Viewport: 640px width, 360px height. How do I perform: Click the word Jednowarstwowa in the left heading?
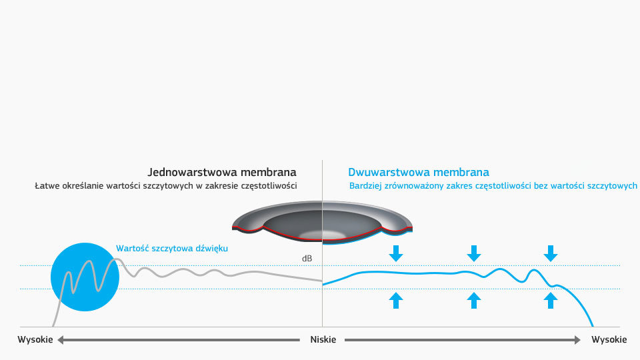click(189, 172)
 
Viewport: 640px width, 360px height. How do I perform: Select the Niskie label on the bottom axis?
click(323, 340)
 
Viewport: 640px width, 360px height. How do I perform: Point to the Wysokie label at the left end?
click(35, 340)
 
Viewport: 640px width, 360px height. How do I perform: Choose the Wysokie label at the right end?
click(609, 340)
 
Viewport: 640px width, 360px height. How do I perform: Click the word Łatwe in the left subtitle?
click(48, 186)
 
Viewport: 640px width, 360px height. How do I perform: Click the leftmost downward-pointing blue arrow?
click(396, 253)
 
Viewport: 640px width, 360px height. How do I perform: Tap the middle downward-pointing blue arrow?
click(473, 253)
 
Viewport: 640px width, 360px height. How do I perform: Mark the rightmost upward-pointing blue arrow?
click(550, 301)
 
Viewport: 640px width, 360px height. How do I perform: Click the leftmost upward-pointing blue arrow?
click(396, 301)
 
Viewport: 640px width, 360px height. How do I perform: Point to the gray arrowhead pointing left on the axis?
click(60, 340)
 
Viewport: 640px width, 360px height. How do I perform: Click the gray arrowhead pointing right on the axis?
click(577, 340)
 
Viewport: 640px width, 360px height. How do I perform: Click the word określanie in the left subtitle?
click(86, 186)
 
